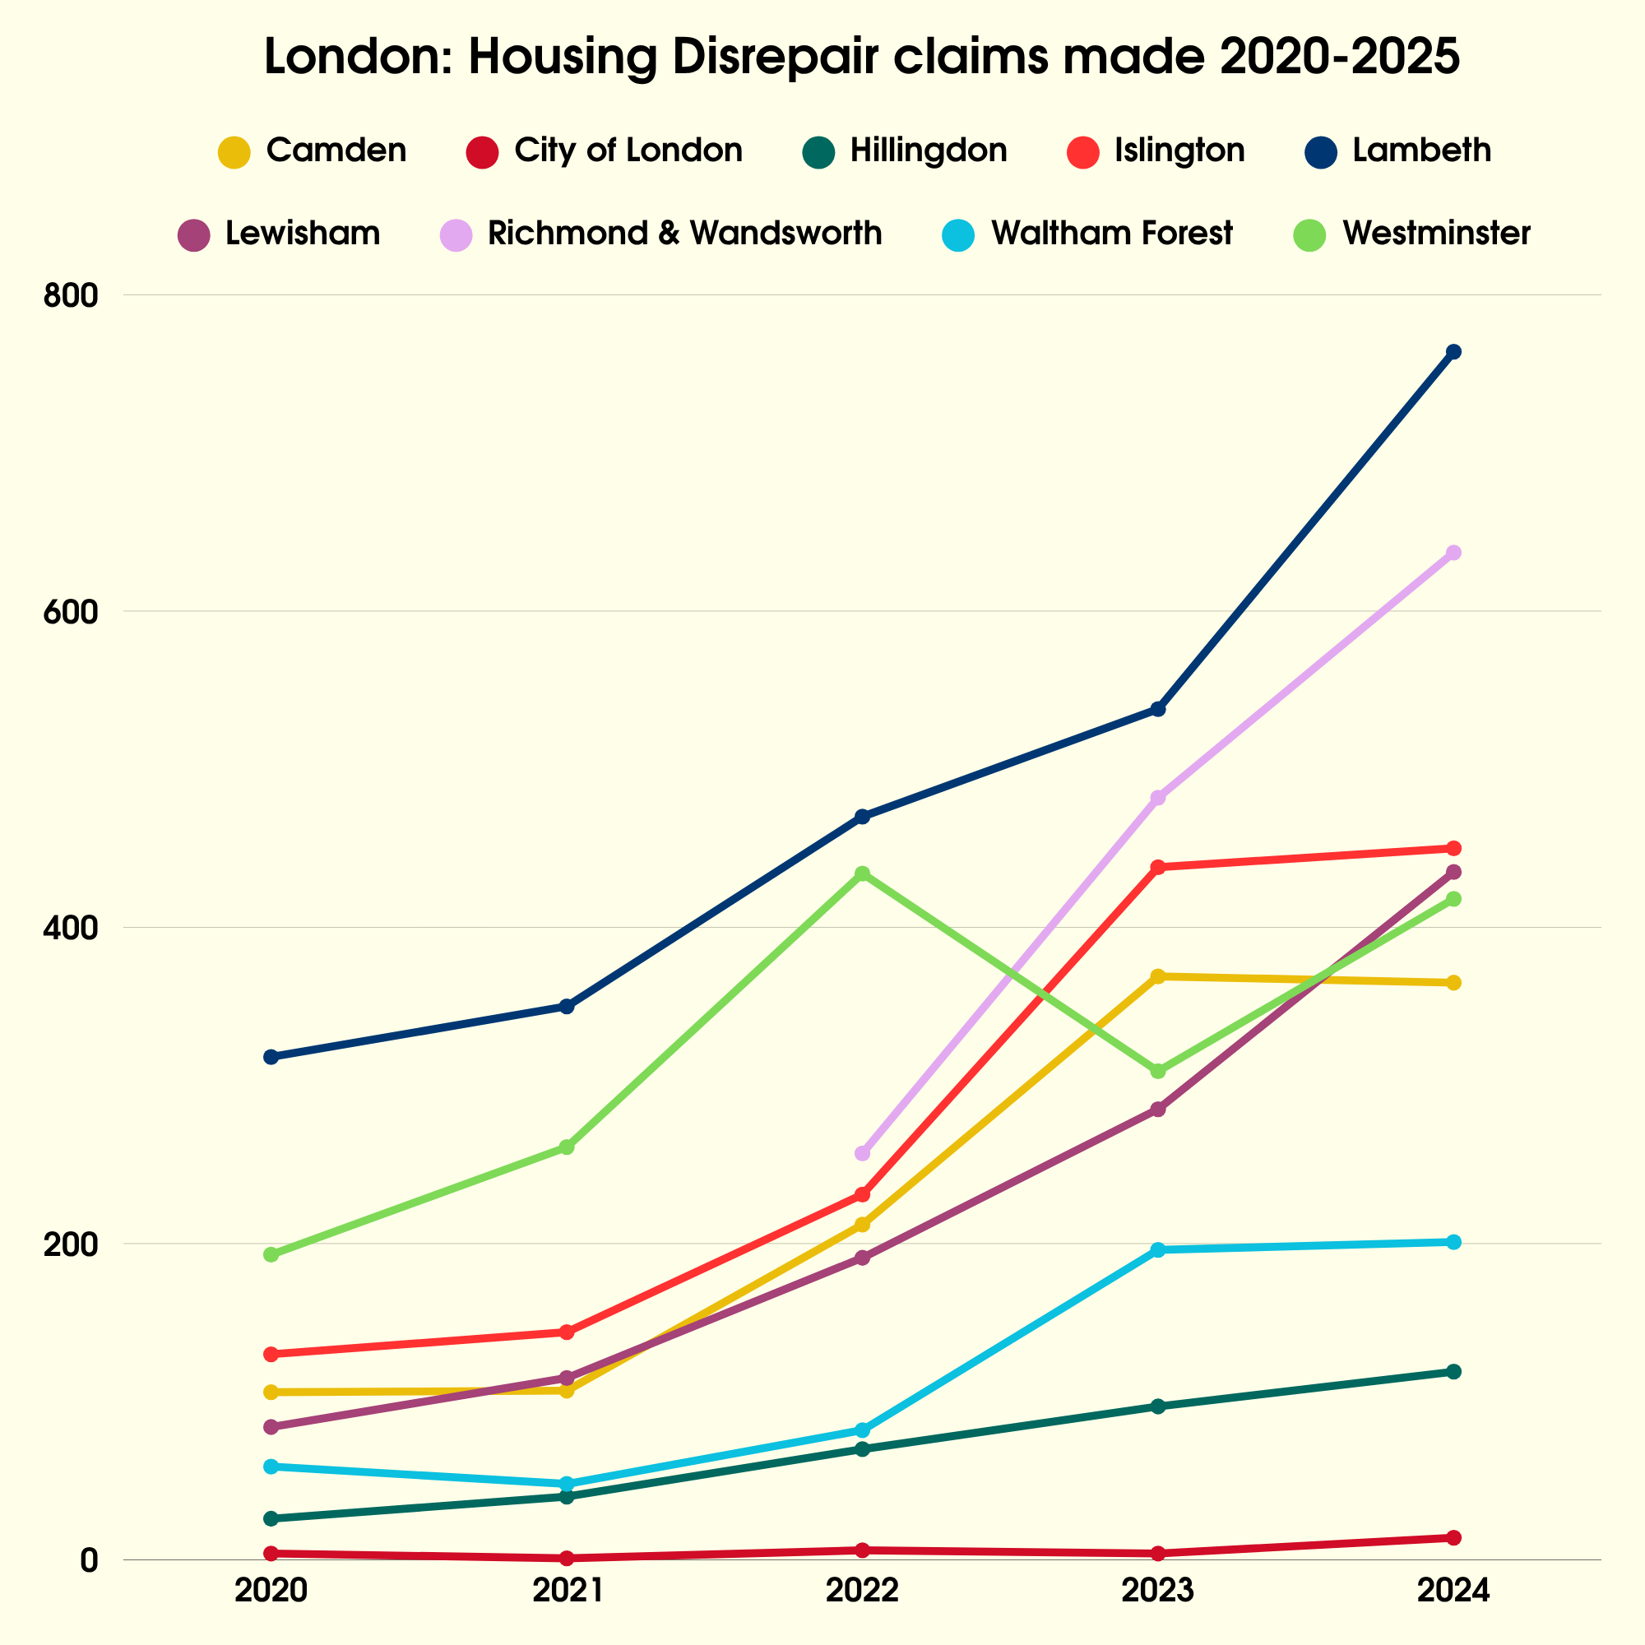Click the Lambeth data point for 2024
[x=1453, y=352]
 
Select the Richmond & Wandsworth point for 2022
[x=863, y=1153]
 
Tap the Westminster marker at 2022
[x=863, y=873]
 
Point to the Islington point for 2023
[x=1158, y=867]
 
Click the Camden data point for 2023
[x=1158, y=975]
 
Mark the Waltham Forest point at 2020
[x=271, y=1467]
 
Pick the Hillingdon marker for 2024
[x=1453, y=1372]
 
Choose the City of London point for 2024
[x=1453, y=1538]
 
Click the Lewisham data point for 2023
[x=1158, y=1109]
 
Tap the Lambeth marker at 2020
[x=271, y=1057]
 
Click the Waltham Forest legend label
[x=1111, y=234]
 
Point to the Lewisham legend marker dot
[x=194, y=235]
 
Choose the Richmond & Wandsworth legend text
[x=684, y=234]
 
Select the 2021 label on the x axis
[x=567, y=1591]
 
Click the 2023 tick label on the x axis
[x=1158, y=1591]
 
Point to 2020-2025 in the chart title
[x=1339, y=58]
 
